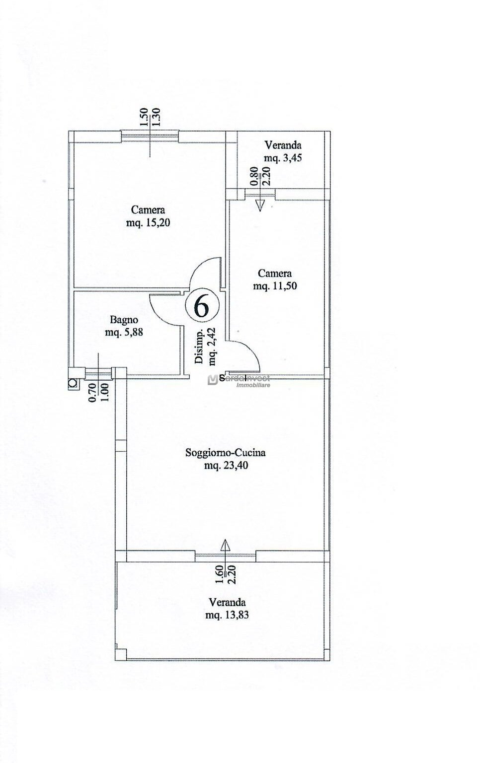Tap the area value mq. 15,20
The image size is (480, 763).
pos(148,223)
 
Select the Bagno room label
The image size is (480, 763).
pos(124,320)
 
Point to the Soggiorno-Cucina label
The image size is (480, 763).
pos(225,453)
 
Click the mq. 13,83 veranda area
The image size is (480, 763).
pos(227,615)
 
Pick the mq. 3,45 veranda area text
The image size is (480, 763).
pos(283,158)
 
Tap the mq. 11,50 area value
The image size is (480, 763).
pos(275,286)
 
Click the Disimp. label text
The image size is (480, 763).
pos(199,346)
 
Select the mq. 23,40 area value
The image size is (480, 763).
pos(226,465)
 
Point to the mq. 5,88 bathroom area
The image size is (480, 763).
pos(124,332)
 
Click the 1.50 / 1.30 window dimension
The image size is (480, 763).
pos(150,118)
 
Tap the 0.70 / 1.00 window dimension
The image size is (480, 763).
pos(98,392)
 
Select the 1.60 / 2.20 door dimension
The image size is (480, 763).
pos(225,574)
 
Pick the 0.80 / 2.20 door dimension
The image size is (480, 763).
pos(260,176)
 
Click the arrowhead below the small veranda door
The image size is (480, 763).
pos(260,206)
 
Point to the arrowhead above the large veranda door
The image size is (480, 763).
pos(225,544)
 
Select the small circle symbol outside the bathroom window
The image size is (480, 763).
pos(73,383)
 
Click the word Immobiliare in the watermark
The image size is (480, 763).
pos(253,385)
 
